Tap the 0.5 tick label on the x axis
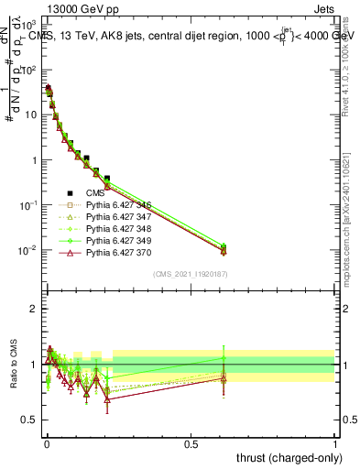click(x=191, y=444)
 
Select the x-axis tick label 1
click(x=335, y=444)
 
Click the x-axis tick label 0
click(x=46, y=444)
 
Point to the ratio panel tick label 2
click(x=34, y=309)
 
